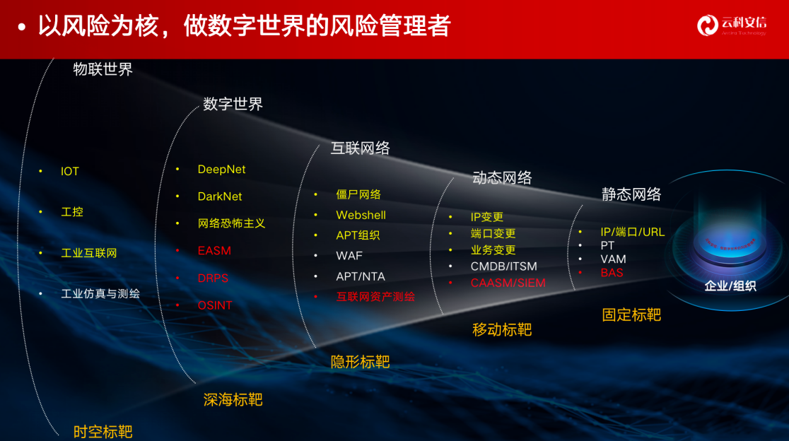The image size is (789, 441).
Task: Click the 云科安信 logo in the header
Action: [731, 25]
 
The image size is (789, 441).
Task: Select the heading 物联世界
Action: [103, 69]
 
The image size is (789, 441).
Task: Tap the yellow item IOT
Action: [70, 171]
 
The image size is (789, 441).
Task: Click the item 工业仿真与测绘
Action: [100, 293]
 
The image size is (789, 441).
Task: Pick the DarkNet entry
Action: [220, 196]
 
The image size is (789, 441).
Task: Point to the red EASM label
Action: [214, 251]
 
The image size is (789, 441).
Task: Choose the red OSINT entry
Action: [215, 305]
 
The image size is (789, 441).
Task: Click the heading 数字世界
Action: [233, 105]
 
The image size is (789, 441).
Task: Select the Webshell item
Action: [361, 215]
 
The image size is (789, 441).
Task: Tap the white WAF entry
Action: [349, 256]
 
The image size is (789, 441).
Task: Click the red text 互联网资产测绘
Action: [375, 297]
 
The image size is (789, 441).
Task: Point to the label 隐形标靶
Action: [360, 362]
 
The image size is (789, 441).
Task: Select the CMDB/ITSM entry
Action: [504, 266]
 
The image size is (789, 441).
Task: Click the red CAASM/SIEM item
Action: [508, 283]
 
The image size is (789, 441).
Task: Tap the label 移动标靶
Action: [502, 329]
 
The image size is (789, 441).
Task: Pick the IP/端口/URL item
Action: [633, 232]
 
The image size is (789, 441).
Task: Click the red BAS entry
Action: [612, 272]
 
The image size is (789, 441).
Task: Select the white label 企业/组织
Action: [730, 286]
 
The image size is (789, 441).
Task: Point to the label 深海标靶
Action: [233, 400]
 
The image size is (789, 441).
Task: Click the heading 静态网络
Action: [631, 194]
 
